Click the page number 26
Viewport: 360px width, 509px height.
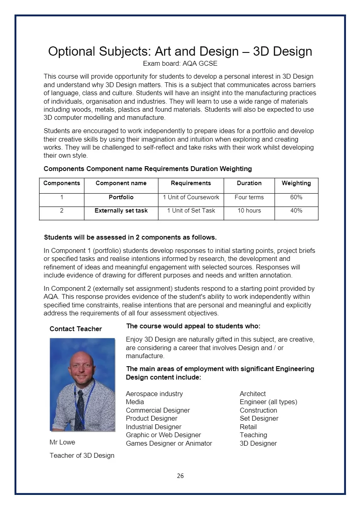point(180,476)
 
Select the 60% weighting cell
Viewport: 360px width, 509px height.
point(296,198)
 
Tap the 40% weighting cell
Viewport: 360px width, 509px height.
point(296,211)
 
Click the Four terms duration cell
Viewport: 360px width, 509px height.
point(249,198)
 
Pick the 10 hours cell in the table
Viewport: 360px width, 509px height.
point(249,211)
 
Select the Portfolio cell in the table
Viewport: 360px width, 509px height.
point(121,198)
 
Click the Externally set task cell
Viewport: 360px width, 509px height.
point(121,211)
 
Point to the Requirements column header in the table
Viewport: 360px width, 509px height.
point(191,183)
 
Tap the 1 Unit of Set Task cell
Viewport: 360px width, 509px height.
point(191,211)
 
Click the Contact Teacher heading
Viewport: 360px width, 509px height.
point(75,329)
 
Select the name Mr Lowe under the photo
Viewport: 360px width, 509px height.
point(62,442)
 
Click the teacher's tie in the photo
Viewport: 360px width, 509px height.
point(80,407)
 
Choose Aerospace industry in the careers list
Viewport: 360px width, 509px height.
point(154,394)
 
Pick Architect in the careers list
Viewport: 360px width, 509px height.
point(253,394)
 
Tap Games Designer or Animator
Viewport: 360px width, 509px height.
point(169,443)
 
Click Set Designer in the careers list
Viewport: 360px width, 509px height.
point(259,418)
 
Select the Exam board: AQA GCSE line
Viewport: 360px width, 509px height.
point(180,64)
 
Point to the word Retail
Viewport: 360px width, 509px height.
point(248,427)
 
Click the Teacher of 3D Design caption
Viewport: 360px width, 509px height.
point(82,455)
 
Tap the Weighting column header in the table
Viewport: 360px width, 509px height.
point(296,183)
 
